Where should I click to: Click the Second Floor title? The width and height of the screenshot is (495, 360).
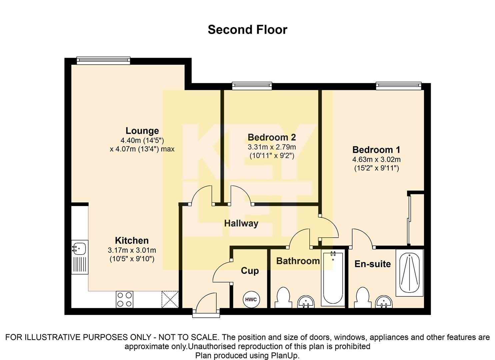247,30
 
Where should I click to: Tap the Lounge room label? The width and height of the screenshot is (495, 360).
142,131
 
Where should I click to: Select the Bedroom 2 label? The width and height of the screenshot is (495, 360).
272,137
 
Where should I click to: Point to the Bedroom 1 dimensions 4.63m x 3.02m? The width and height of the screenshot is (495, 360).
376,159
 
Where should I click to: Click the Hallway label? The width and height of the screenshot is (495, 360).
241,223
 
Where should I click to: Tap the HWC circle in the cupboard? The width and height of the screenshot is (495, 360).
251,299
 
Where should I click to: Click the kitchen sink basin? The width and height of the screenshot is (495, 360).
79,249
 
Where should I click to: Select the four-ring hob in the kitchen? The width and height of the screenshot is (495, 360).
124,299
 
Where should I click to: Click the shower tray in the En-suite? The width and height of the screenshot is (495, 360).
409,273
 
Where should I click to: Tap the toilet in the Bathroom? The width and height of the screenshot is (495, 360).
283,297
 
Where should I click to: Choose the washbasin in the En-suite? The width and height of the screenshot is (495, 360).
384,302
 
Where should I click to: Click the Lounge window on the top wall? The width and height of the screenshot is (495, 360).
103,61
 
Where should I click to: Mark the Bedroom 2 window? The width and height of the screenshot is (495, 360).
252,86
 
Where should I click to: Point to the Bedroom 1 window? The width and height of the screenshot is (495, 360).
399,86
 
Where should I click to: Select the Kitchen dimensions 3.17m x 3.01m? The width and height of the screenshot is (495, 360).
132,250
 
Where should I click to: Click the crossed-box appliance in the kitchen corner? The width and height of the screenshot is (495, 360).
170,299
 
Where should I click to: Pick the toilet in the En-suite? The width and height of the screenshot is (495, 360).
363,297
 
